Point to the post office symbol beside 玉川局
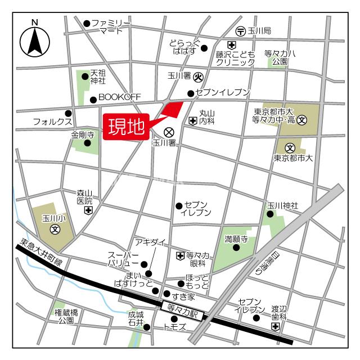(240, 30)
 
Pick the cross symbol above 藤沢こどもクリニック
(231, 45)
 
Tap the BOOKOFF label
(119, 97)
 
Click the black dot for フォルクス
(68, 112)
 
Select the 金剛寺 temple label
(82, 135)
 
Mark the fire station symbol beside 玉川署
(198, 76)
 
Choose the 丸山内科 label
(207, 117)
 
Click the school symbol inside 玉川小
(55, 229)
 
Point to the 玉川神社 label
(282, 206)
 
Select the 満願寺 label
(236, 238)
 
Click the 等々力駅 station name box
(181, 307)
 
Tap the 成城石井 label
(136, 319)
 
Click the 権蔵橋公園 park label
(66, 317)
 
